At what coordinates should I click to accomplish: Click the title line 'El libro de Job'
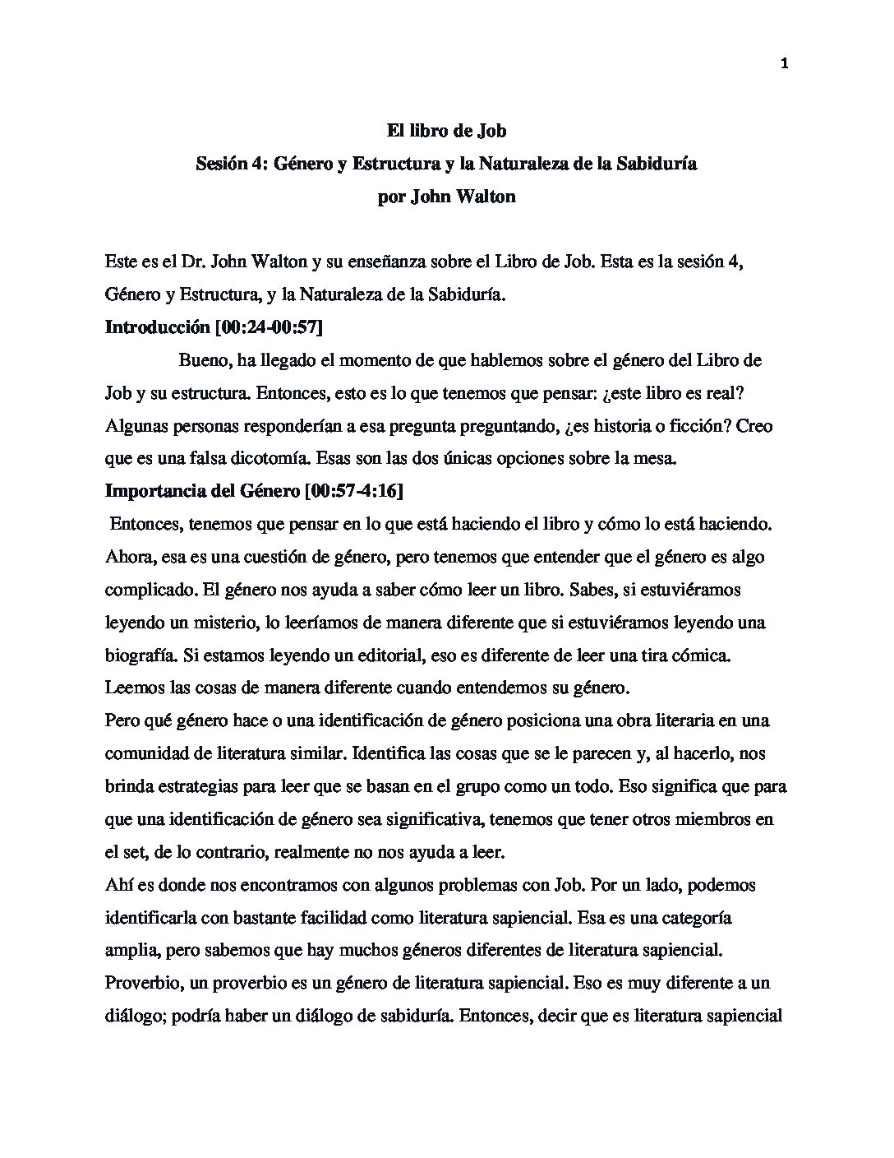tap(446, 130)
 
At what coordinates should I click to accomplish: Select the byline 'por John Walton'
tap(446, 197)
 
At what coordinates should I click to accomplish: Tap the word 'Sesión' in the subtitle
tap(221, 164)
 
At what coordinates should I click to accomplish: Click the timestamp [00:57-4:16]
tap(353, 491)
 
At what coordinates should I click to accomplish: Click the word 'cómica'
tap(696, 655)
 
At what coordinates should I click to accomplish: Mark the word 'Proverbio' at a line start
tap(141, 983)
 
